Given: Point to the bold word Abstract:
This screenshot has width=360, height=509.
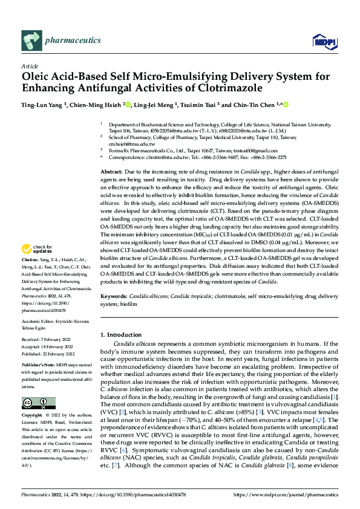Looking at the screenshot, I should [112, 172].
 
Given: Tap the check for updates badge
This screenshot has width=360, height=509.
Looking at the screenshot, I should [37, 265].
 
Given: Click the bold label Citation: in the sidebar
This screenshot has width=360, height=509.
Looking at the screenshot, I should [31, 276].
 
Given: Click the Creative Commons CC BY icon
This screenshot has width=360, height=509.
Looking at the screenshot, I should [39, 403].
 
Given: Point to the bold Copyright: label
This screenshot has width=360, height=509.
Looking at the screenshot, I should [34, 416].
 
